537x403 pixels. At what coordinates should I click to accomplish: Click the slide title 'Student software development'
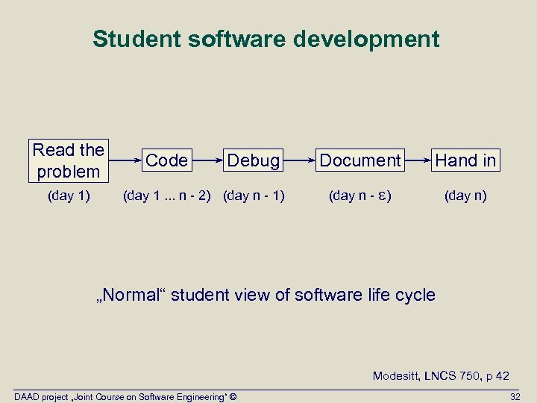[266, 39]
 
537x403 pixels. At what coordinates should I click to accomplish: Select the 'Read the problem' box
[69, 160]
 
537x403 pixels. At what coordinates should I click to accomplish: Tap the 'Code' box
[167, 160]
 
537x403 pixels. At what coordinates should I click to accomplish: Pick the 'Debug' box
[254, 160]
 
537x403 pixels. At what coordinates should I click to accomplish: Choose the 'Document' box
[360, 160]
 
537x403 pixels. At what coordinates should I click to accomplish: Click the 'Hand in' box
[465, 160]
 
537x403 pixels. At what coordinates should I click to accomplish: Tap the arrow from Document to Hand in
[418, 160]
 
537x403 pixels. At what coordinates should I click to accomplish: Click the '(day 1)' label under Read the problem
[68, 196]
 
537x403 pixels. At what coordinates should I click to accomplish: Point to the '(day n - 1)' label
[254, 196]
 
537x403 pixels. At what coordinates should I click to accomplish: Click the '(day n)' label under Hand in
[465, 196]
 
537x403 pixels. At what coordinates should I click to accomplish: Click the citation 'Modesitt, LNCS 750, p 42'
[441, 376]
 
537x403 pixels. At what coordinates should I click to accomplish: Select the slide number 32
[515, 396]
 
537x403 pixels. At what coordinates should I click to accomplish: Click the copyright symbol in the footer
[233, 396]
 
